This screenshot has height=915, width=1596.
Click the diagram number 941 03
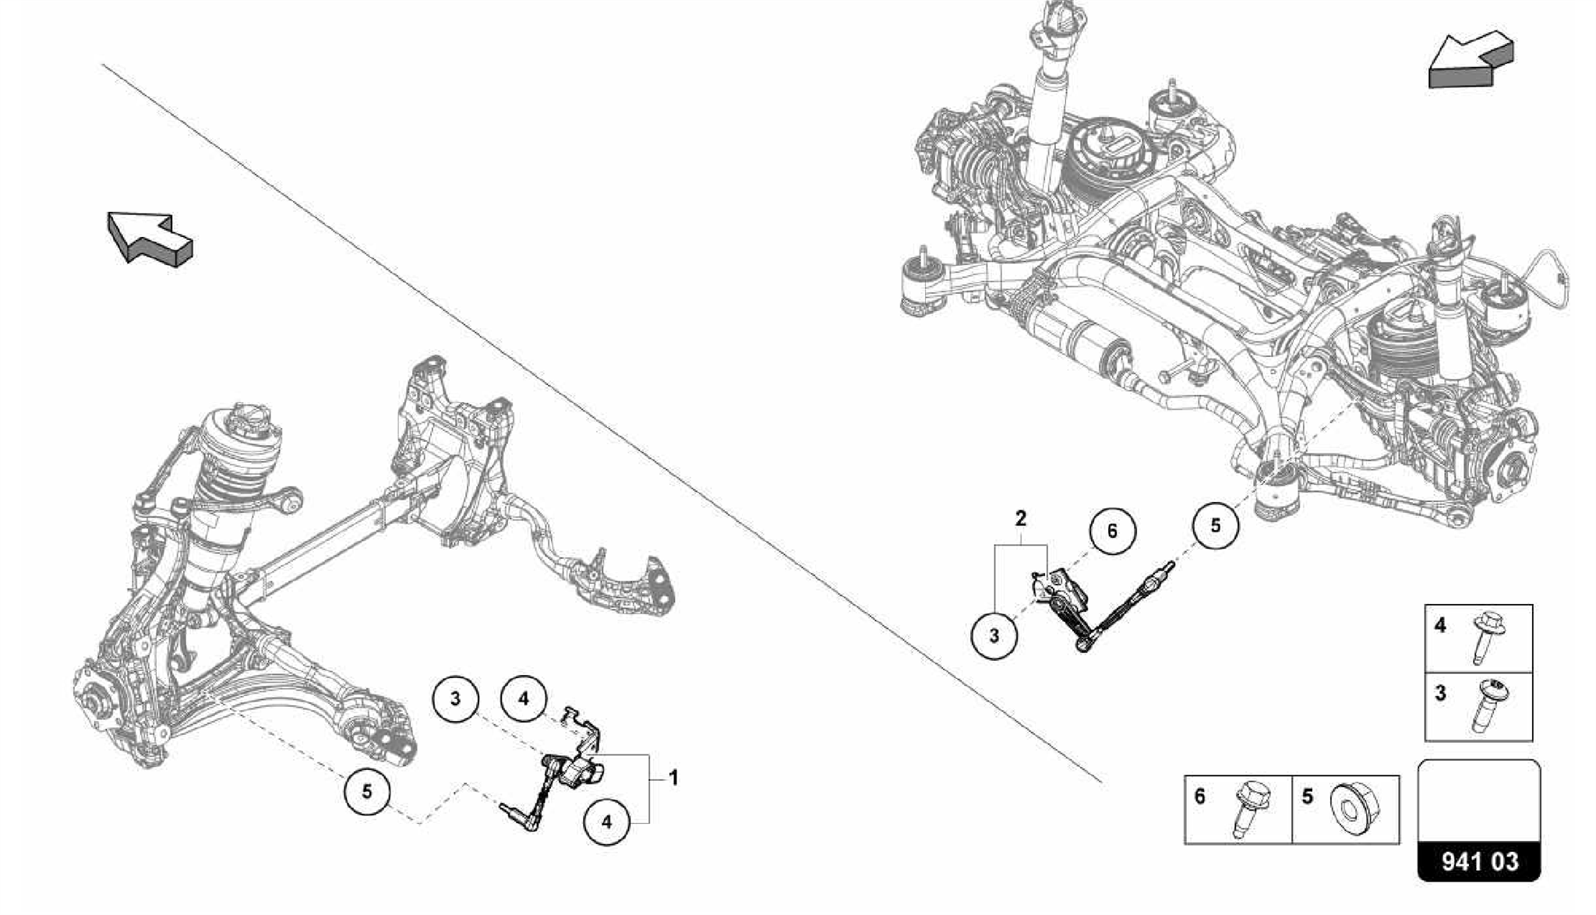pos(1479,861)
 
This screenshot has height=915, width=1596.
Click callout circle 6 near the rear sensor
pos(1112,531)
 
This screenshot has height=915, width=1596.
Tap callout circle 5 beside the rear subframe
pos(1215,525)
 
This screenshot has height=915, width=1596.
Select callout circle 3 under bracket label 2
pos(994,635)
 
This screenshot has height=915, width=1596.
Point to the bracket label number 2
pos(1020,518)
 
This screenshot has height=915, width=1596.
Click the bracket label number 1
pos(673,778)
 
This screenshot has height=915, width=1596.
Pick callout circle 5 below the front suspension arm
pos(367,792)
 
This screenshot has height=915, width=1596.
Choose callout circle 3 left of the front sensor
pos(456,698)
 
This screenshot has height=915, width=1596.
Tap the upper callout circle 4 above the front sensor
pos(524,699)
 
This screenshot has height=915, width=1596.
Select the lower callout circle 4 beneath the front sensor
pos(606,821)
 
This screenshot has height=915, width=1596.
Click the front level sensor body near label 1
pos(577,772)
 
